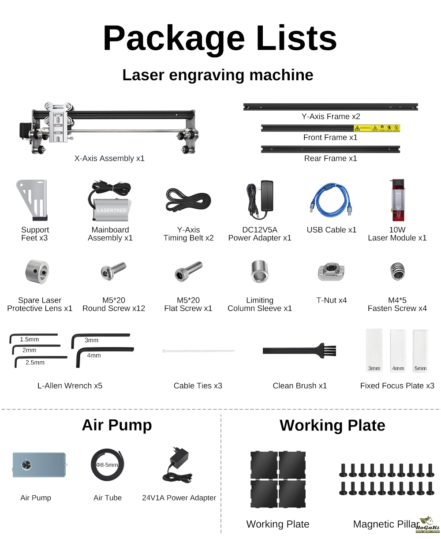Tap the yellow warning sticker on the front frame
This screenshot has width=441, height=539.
377,128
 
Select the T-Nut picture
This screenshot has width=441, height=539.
331,272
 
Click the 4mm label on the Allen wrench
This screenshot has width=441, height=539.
94,355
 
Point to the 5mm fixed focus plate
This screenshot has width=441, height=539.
420,351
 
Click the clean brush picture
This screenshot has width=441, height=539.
299,350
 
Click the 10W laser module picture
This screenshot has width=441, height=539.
398,200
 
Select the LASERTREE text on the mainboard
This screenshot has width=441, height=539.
112,210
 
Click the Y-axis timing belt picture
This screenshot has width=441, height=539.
188,200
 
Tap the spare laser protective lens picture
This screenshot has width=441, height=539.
37,272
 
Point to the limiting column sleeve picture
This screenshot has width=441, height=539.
260,271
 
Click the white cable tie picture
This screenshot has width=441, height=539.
198,351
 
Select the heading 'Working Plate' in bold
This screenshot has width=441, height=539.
333,425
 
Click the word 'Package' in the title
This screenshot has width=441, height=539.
174,39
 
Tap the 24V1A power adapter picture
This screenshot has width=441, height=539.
177,465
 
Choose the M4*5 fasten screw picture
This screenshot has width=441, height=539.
398,271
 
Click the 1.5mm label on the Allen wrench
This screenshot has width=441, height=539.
30,339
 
